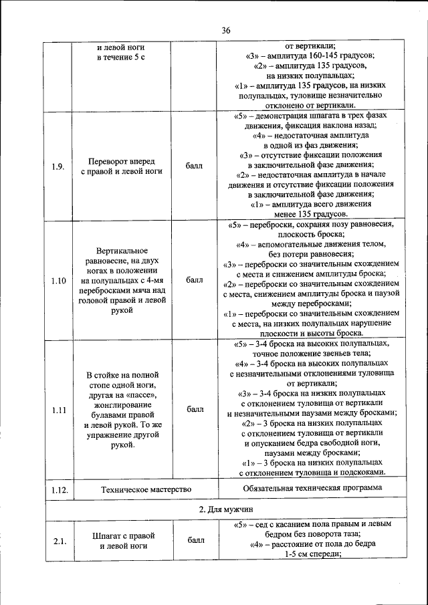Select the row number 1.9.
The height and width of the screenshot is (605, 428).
[x=58, y=166]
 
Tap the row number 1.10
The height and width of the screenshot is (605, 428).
[x=58, y=281]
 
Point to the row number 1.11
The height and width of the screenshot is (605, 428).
[x=58, y=410]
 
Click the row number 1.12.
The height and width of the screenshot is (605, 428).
[x=58, y=490]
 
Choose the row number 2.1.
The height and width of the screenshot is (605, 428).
[x=58, y=540]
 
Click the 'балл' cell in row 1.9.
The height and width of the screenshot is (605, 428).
[x=195, y=166]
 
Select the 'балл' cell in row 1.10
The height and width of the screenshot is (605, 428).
[x=195, y=281]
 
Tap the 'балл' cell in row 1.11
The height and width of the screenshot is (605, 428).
[x=195, y=410]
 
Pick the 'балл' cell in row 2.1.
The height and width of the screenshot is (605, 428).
[x=195, y=540]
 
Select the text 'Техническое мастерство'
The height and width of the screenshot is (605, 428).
[x=146, y=490]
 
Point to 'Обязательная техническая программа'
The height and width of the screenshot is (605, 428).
[x=312, y=488]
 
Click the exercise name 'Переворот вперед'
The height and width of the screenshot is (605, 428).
[x=122, y=161]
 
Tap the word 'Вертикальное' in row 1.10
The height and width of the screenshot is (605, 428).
[x=122, y=250]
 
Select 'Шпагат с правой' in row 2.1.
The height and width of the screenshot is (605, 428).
[x=123, y=535]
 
